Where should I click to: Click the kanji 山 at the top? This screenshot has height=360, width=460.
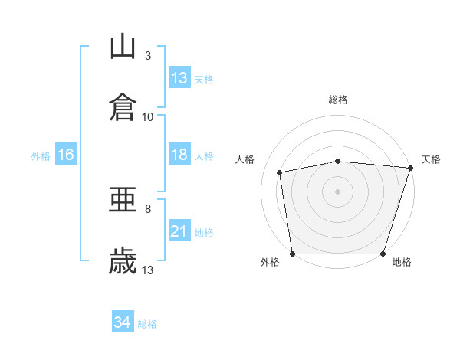123,47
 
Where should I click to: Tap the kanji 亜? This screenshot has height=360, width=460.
123,201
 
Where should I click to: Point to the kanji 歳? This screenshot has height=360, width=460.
123,260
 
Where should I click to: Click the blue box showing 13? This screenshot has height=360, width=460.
179,78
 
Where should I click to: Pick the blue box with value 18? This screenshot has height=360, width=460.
179,155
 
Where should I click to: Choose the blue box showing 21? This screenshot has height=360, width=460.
179,231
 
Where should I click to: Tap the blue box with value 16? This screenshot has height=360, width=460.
66,155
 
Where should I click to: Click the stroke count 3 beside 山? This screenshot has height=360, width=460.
148,55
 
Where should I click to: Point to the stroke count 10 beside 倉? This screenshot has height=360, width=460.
148,116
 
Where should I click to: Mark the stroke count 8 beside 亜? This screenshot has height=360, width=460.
148,208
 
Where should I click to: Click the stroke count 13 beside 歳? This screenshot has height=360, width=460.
148,270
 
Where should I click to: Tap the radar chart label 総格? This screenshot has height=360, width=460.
338,100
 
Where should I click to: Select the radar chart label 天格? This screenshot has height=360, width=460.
431,159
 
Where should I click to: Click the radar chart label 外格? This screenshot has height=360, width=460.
270,262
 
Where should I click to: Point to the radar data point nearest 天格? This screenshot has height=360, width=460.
410,168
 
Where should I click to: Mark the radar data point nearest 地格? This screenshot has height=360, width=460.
383,254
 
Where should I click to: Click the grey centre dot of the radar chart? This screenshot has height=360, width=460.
338,191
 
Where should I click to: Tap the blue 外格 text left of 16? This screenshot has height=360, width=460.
41,155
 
